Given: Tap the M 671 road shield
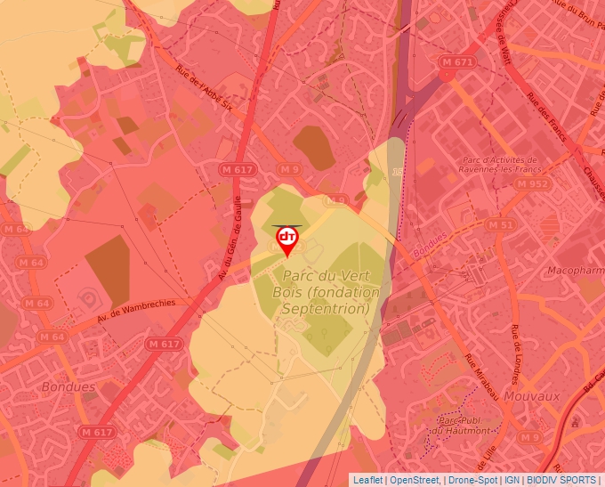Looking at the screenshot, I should (x=457, y=62).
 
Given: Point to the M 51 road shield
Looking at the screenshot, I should (x=502, y=225).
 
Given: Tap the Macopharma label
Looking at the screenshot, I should (x=575, y=269).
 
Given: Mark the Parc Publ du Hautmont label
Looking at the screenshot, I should (x=459, y=425).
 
